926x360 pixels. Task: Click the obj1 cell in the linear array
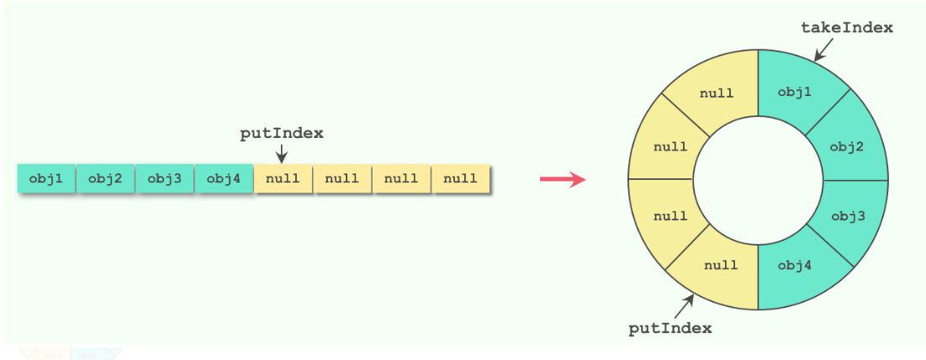[x=46, y=178]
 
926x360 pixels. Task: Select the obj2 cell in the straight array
[x=105, y=178]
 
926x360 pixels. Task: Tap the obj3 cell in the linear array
[x=164, y=178]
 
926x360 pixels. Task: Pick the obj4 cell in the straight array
[x=224, y=178]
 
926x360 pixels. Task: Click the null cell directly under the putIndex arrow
[x=283, y=178]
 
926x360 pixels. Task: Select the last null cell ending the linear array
[x=460, y=178]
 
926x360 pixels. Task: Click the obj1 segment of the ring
[x=794, y=92]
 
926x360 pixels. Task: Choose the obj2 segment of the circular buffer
[x=846, y=146]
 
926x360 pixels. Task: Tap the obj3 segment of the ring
[x=847, y=216]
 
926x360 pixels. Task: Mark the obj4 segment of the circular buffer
[x=795, y=267]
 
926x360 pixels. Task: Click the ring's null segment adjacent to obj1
[x=717, y=93]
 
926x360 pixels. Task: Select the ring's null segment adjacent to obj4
[x=721, y=266]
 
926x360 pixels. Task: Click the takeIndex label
[x=846, y=28]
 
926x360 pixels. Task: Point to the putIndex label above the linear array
[x=282, y=133]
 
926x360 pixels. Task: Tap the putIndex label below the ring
[x=669, y=328]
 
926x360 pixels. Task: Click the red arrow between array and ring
[x=562, y=179]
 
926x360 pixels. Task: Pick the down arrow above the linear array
[x=282, y=153]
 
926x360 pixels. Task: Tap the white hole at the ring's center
[x=758, y=179]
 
